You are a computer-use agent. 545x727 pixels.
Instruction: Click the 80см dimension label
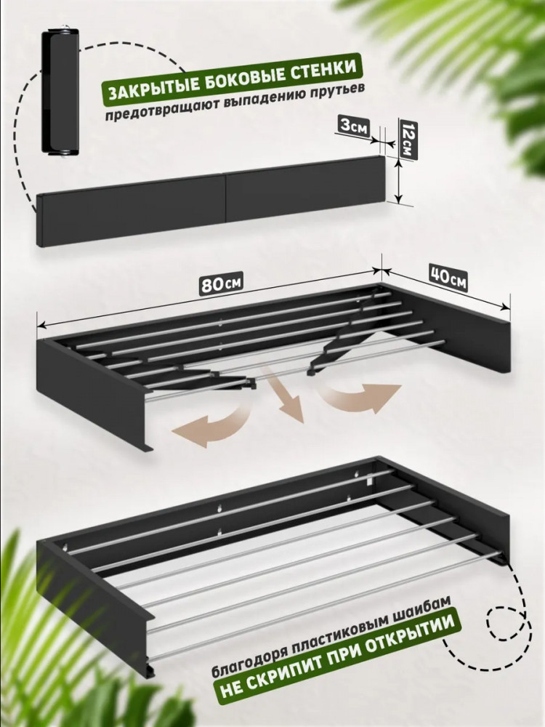tap(221, 284)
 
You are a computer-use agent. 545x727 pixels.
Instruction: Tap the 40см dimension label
tap(448, 278)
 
